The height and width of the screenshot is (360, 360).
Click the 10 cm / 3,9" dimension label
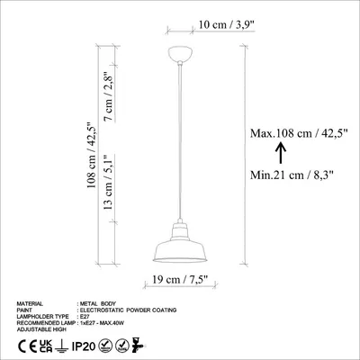[227, 24]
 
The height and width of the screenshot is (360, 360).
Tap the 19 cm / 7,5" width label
[180, 280]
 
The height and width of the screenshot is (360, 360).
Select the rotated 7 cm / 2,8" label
[108, 96]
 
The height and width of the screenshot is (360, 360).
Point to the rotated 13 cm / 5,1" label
[108, 182]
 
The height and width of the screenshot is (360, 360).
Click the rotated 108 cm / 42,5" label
[91, 155]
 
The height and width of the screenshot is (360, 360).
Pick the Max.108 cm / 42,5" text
[299, 133]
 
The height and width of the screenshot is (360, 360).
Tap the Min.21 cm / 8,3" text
[292, 175]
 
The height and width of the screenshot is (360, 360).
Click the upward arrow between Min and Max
[281, 153]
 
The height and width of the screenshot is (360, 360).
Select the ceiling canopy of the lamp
[180, 54]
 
